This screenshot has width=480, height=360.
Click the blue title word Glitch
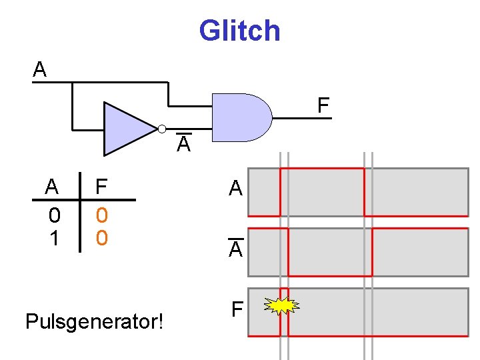click(x=240, y=31)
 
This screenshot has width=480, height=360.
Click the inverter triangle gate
click(x=130, y=129)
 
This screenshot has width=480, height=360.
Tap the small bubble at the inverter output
click(x=162, y=129)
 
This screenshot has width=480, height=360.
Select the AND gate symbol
click(x=242, y=117)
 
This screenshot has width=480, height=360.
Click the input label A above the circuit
click(x=39, y=69)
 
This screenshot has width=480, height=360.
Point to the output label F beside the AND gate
click(x=323, y=105)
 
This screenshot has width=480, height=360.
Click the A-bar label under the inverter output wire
click(x=184, y=143)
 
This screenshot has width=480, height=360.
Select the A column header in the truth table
click(x=51, y=186)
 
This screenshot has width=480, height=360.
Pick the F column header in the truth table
click(x=101, y=186)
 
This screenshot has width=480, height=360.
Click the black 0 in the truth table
click(x=55, y=215)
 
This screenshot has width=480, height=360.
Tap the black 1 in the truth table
click(x=54, y=238)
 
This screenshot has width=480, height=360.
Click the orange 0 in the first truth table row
click(x=102, y=215)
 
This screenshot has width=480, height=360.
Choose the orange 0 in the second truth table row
click(x=102, y=238)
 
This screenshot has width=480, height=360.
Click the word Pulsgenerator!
click(x=94, y=322)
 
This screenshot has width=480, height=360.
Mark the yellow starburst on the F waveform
click(x=281, y=305)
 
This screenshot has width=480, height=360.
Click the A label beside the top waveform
click(x=235, y=187)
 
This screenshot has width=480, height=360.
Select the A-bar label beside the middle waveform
click(x=236, y=247)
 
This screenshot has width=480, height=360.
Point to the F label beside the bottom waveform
click(x=237, y=309)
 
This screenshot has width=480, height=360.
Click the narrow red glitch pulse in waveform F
click(x=285, y=289)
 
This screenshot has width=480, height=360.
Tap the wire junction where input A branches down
click(x=72, y=83)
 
